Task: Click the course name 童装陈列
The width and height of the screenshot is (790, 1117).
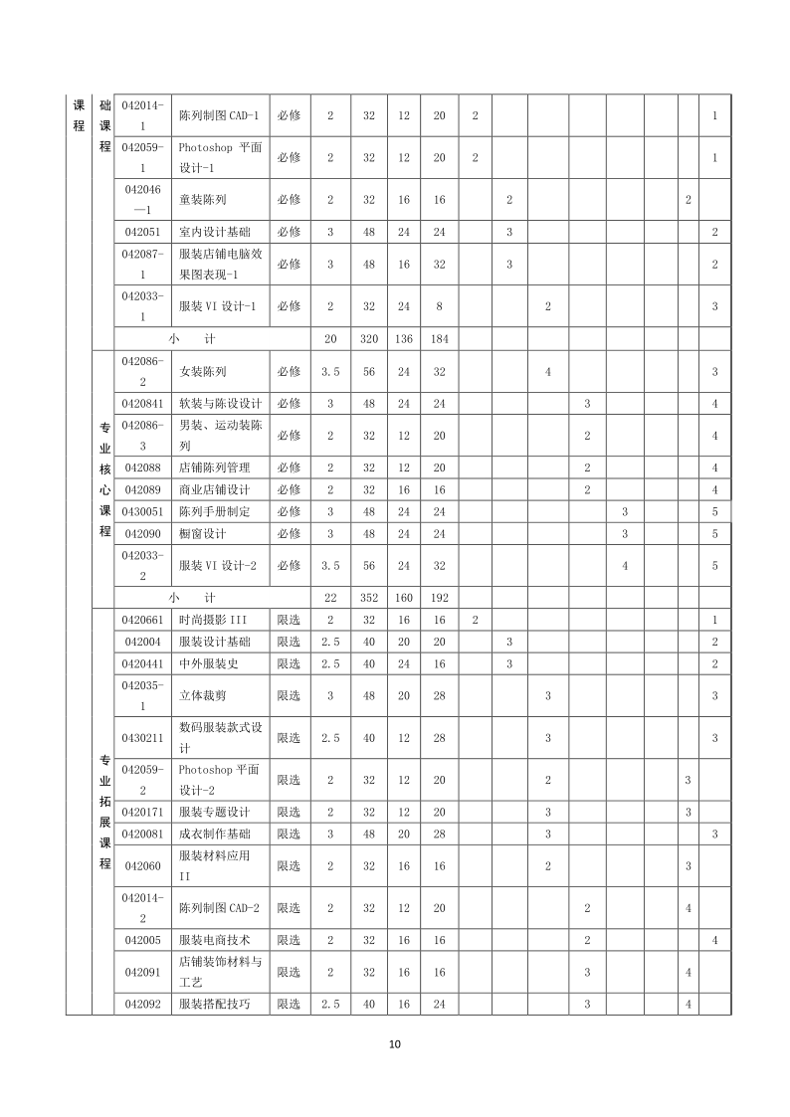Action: pyautogui.click(x=202, y=200)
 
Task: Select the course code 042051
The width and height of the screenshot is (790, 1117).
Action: pyautogui.click(x=143, y=232)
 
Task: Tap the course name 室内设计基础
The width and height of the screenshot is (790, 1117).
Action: pyautogui.click(x=215, y=232)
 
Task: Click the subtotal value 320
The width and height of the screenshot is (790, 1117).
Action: pyautogui.click(x=369, y=338)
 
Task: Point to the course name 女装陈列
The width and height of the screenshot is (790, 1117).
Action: pyautogui.click(x=202, y=371)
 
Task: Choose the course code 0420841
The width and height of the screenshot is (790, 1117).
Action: pyautogui.click(x=143, y=404)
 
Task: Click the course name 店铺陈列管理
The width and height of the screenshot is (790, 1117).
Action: pyautogui.click(x=215, y=467)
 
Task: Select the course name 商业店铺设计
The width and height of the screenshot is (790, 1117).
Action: pyautogui.click(x=215, y=489)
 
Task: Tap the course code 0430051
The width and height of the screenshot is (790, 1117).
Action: pyautogui.click(x=143, y=511)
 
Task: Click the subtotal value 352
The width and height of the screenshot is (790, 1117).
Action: pyautogui.click(x=369, y=598)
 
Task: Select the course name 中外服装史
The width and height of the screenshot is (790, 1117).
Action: pyautogui.click(x=209, y=663)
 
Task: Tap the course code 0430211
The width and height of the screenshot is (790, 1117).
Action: pyautogui.click(x=143, y=738)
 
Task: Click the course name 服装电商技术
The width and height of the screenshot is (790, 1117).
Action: pyautogui.click(x=215, y=940)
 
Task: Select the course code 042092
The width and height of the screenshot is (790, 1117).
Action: pyautogui.click(x=143, y=1005)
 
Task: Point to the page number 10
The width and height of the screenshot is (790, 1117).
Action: pyautogui.click(x=395, y=1044)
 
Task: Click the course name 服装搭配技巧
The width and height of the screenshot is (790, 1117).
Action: pyautogui.click(x=215, y=1005)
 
